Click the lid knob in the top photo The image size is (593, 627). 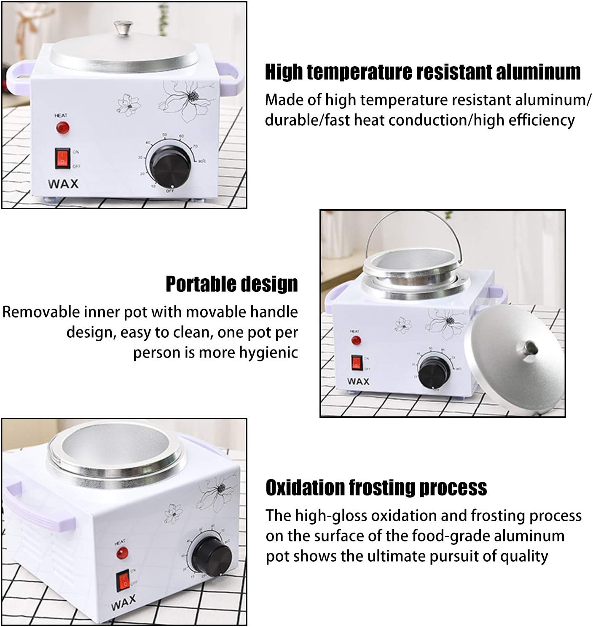point(123,27)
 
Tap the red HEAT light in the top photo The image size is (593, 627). point(63,128)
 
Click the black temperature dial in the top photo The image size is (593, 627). point(170,167)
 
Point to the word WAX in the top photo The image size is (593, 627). point(63,184)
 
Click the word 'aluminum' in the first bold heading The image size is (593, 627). point(538,72)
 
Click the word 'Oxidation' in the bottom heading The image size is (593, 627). point(305,487)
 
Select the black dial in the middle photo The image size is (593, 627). point(434,372)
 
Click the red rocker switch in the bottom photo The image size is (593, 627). point(123,581)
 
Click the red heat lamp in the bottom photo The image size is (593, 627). point(122,553)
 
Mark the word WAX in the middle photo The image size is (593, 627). point(358,382)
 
